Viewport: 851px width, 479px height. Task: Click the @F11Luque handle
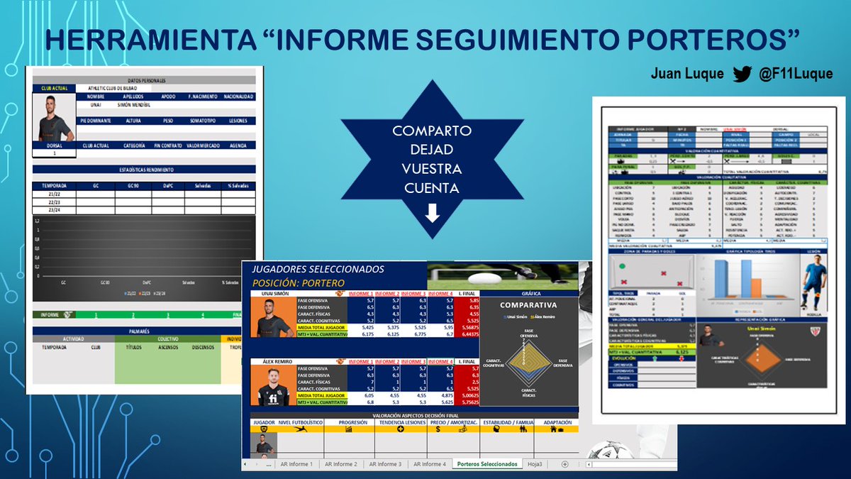[789, 74]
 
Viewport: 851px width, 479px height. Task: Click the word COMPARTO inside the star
[433, 133]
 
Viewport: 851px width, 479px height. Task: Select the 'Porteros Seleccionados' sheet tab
[486, 463]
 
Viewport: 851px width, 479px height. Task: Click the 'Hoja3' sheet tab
[536, 463]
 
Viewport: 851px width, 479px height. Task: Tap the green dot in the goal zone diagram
[622, 266]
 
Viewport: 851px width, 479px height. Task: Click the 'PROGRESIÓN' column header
[353, 422]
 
